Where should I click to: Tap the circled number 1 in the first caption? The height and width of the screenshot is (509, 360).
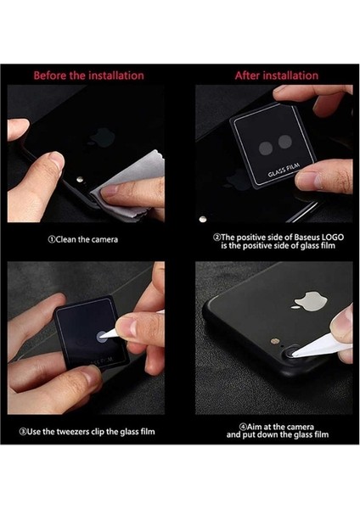52,240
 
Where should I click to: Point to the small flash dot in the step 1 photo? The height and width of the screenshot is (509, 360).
80,180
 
